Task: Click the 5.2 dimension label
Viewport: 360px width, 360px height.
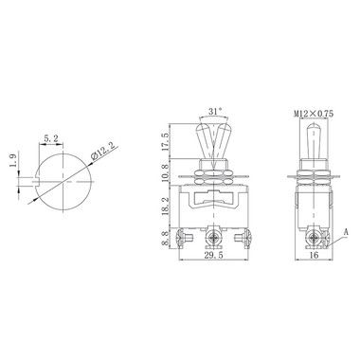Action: coord(51,138)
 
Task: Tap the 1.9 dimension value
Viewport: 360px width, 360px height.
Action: coord(13,162)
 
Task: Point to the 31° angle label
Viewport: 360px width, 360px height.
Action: coord(215,111)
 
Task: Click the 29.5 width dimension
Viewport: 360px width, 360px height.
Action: coord(213,255)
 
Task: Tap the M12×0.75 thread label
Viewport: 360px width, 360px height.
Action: coord(314,114)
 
